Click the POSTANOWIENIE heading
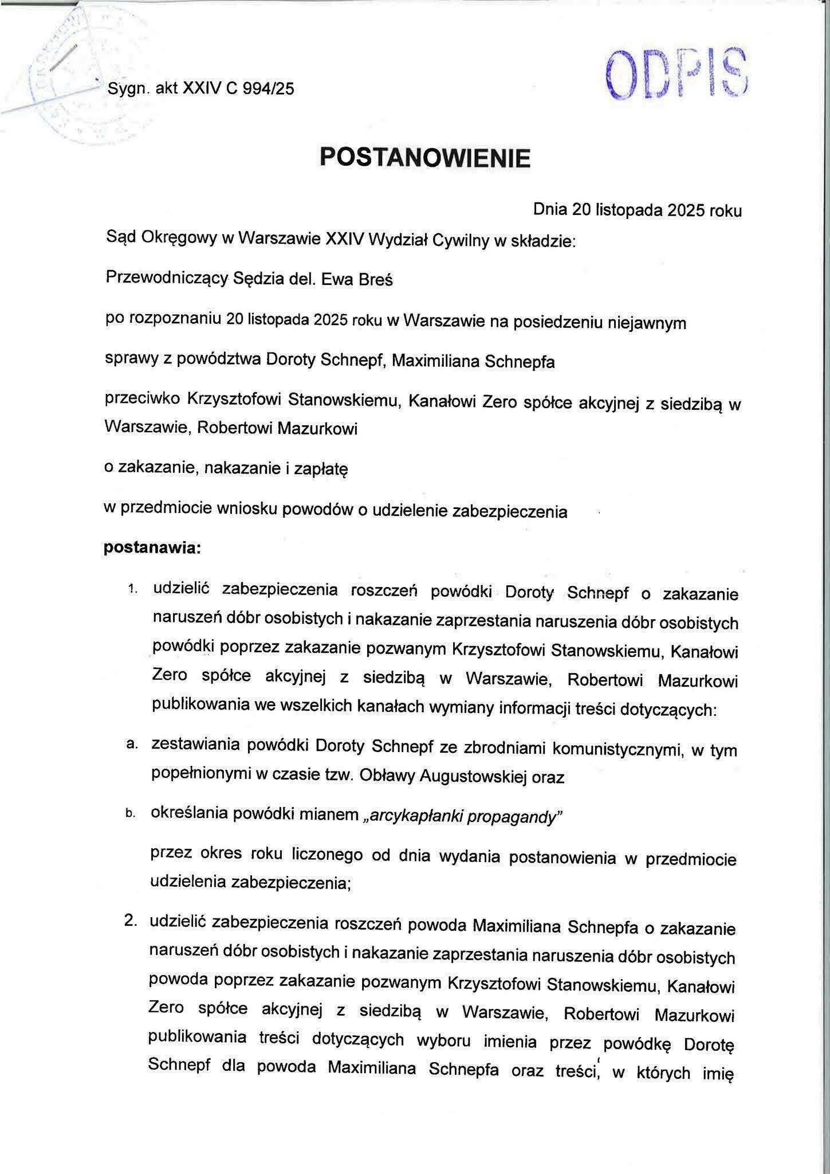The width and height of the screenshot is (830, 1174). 424,157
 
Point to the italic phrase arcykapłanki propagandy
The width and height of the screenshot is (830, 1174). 460,816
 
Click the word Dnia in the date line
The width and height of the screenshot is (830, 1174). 550,210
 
